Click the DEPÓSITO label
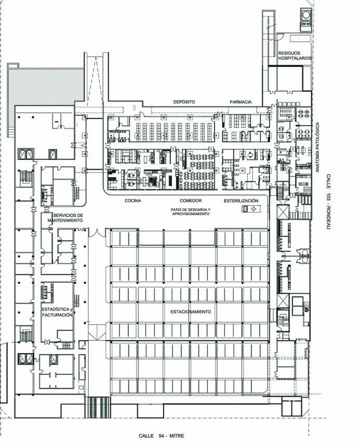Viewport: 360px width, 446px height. (184, 102)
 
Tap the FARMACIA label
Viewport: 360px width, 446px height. (241, 102)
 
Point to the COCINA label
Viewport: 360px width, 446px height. (132, 200)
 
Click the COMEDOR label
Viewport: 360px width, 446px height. (191, 200)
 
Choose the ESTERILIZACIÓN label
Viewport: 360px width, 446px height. (241, 200)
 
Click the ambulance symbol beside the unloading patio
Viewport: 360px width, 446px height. (251, 209)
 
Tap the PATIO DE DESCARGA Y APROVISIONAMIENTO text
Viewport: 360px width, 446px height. (191, 212)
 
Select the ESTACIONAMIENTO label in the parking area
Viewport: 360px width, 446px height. (191, 312)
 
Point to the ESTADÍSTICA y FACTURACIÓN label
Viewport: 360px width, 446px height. (57, 312)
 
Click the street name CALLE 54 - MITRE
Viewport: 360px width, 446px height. (162, 436)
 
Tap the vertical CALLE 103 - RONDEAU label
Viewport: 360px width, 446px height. (328, 201)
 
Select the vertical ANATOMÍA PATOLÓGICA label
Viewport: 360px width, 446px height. (317, 147)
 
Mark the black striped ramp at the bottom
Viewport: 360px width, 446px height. (98, 407)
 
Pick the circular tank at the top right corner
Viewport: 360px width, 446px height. (306, 15)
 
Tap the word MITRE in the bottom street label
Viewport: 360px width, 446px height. (177, 436)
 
